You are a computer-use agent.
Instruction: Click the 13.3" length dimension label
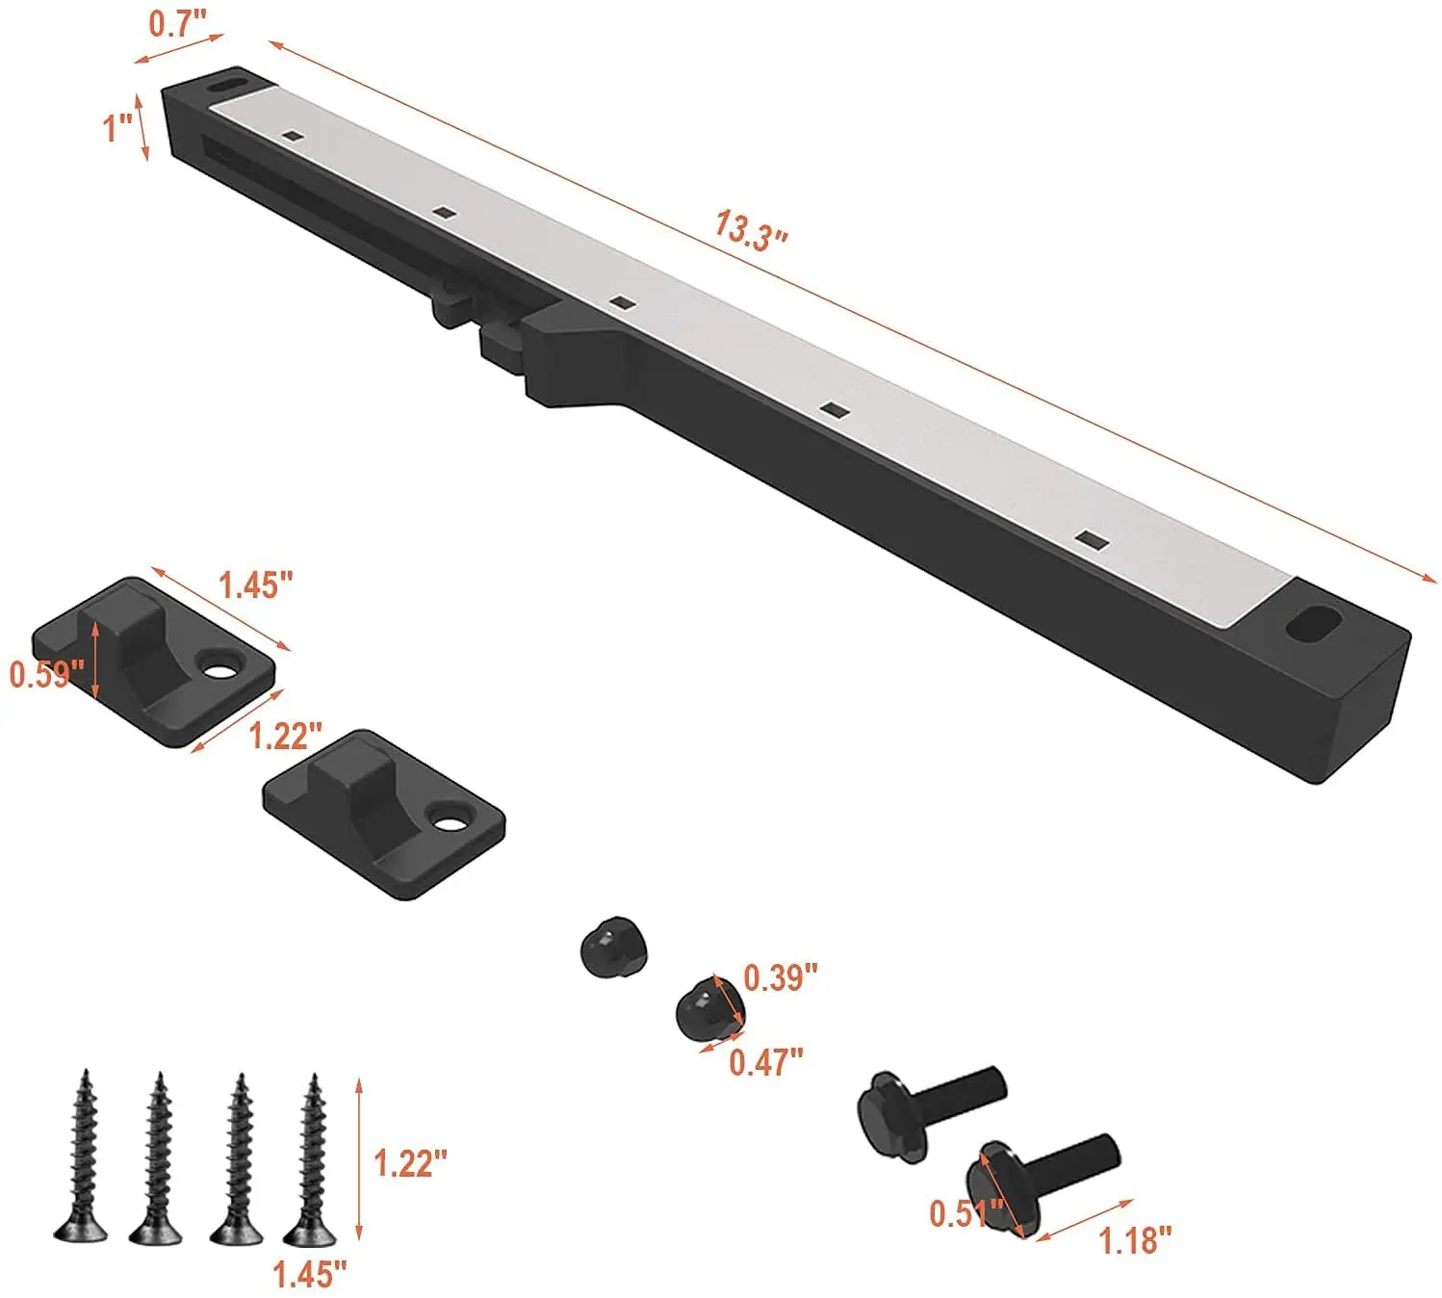(751, 231)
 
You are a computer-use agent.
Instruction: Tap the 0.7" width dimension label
(177, 23)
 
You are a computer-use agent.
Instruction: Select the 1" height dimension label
(117, 128)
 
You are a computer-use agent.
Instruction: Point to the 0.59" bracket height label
(47, 675)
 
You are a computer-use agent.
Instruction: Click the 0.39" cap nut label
(781, 978)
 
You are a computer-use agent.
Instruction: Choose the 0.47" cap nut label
(766, 1062)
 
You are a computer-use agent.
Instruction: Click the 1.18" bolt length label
(1136, 1241)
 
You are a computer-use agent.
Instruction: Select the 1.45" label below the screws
(310, 1275)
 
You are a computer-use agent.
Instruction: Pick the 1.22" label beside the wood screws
(411, 1163)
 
